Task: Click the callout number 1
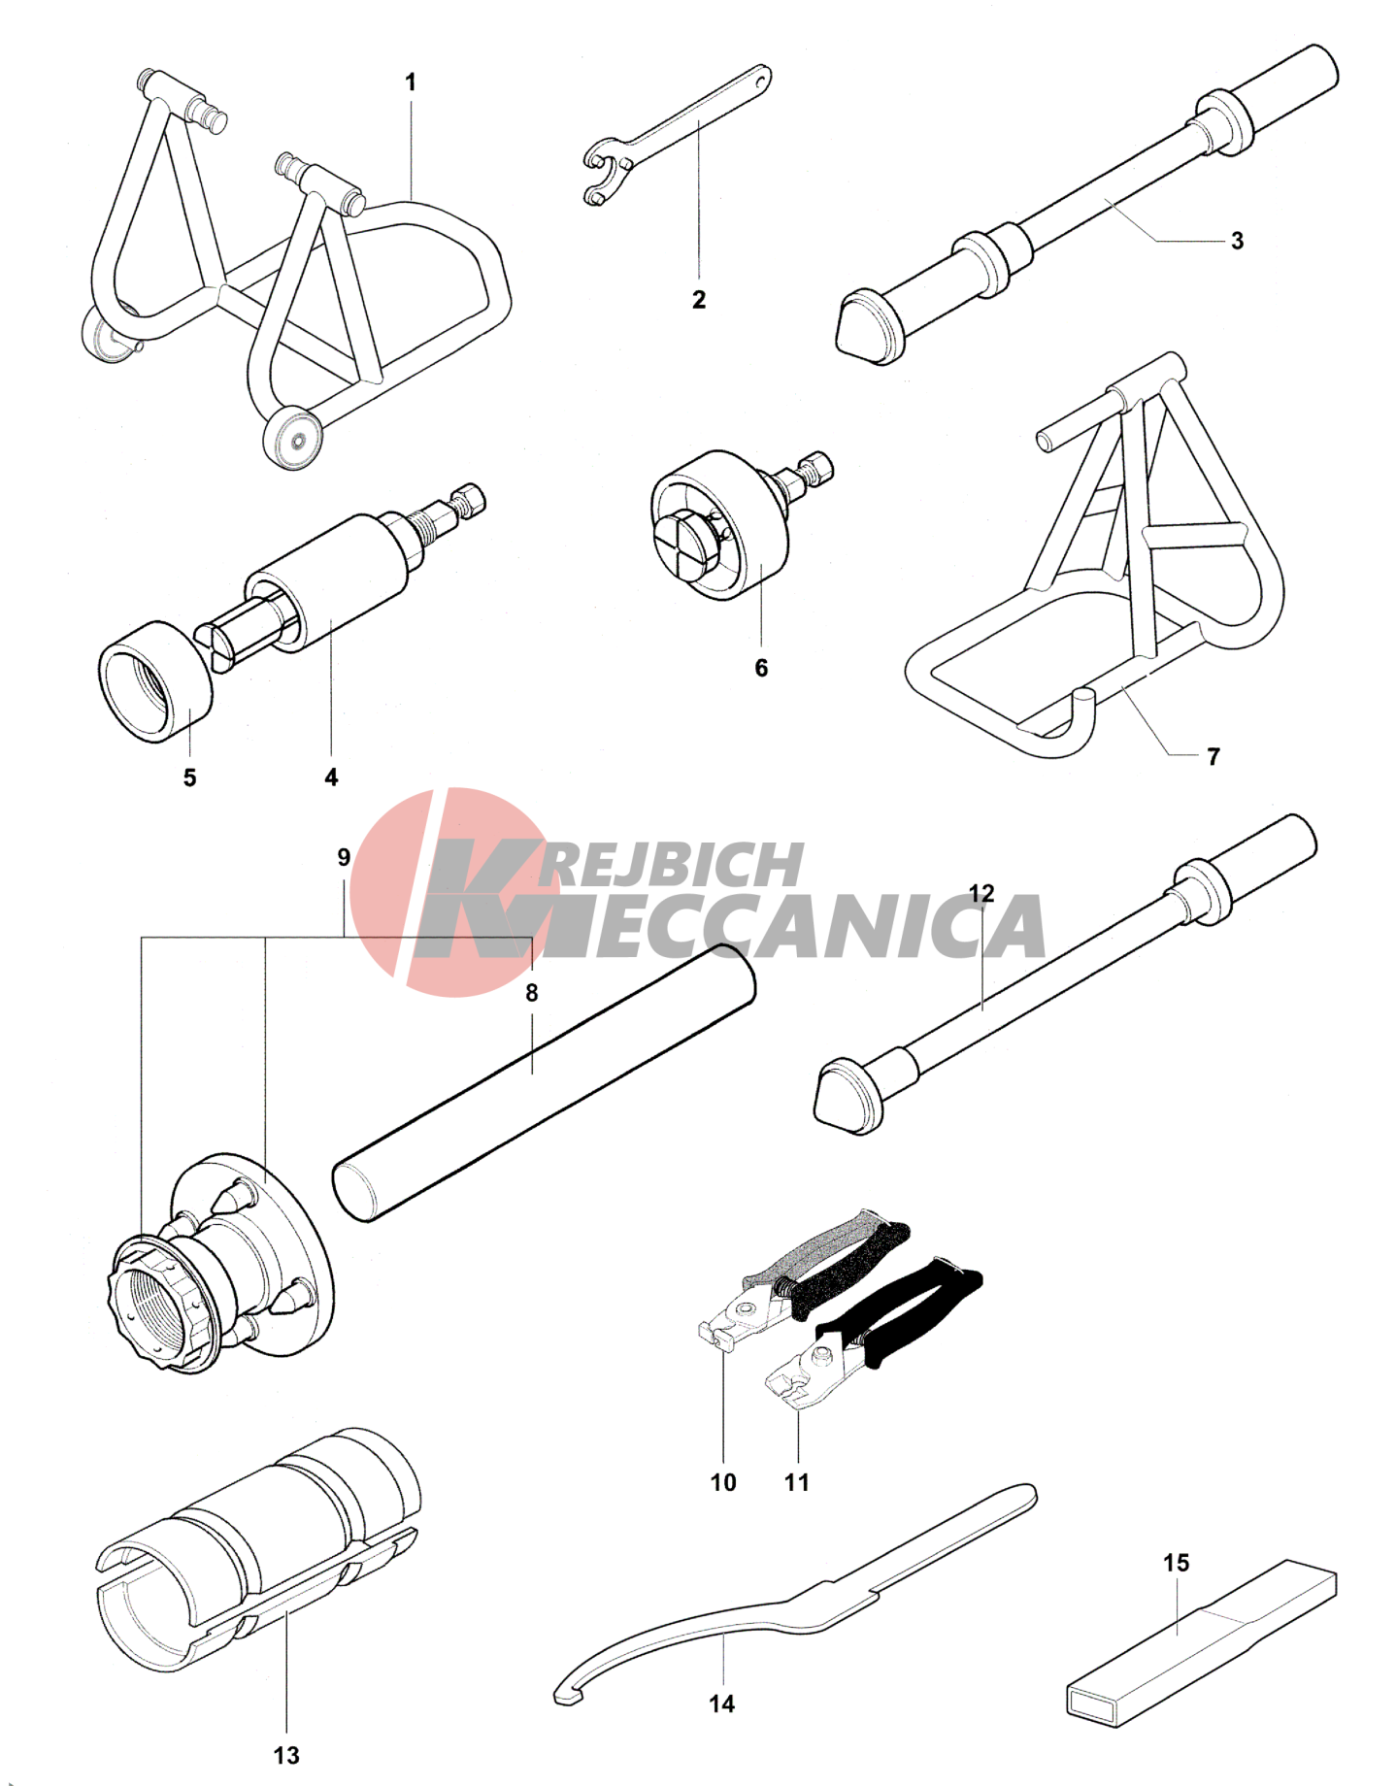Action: click(411, 83)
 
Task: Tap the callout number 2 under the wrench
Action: click(699, 300)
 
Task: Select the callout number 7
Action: click(1213, 757)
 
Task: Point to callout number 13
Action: click(286, 1755)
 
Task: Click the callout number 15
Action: click(1176, 1563)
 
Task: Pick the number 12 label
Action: click(981, 893)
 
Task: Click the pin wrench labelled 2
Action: click(678, 135)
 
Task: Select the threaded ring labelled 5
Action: click(155, 681)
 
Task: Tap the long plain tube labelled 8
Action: click(544, 1082)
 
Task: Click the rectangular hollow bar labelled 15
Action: click(1202, 1643)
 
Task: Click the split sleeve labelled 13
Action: click(258, 1550)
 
